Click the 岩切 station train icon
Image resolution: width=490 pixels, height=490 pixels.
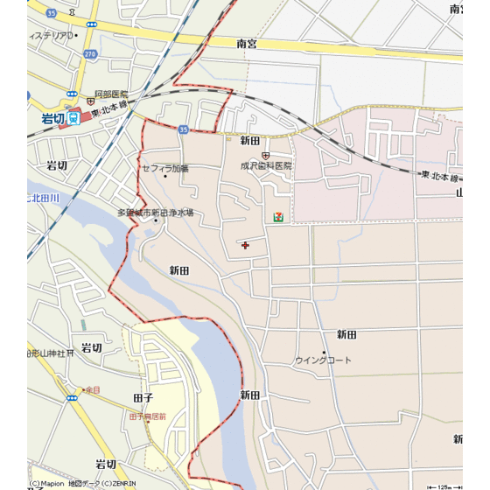pyautogui.click(x=74, y=118)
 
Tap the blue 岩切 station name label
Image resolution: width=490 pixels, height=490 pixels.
pyautogui.click(x=52, y=118)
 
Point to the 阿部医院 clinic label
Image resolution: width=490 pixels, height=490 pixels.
pyautogui.click(x=111, y=94)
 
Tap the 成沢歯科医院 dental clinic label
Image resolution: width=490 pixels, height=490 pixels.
pyautogui.click(x=266, y=165)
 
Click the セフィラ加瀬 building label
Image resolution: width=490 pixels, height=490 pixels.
pyautogui.click(x=165, y=168)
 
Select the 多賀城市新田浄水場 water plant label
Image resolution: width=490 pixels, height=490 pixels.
pyautogui.click(x=156, y=213)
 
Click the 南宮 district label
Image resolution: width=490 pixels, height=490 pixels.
pyautogui.click(x=247, y=43)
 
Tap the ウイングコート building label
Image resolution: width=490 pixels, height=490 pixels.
pyautogui.click(x=323, y=360)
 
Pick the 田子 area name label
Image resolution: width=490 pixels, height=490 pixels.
pyautogui.click(x=143, y=397)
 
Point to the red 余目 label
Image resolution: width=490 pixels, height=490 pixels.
pyautogui.click(x=93, y=389)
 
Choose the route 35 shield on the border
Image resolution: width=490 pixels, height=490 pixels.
pyautogui.click(x=183, y=129)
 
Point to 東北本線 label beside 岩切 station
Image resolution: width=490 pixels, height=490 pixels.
pyautogui.click(x=108, y=106)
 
